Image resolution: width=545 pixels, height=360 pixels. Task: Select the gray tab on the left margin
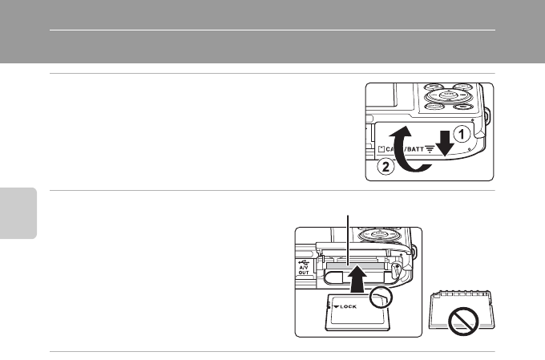click(x=18, y=212)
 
